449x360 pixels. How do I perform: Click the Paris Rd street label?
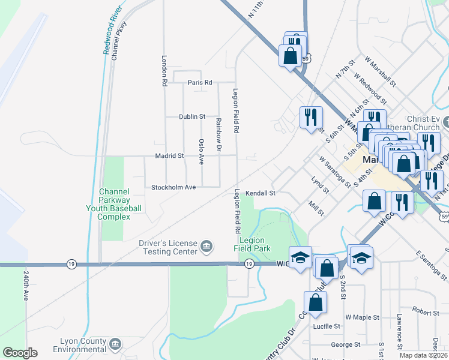pos(200,82)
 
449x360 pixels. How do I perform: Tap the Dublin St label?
pos(192,116)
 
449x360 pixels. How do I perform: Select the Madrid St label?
pos(169,156)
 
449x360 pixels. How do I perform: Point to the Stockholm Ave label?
pos(173,187)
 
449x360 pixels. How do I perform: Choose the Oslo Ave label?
pos(202,152)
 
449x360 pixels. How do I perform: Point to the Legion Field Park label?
pos(253,244)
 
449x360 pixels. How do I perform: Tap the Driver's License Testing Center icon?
pos(206,245)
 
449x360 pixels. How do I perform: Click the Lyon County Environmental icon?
pos(115,344)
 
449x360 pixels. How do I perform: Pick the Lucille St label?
pos(327,326)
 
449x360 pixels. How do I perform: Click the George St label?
pos(346,345)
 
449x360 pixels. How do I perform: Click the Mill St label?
pos(316,208)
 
